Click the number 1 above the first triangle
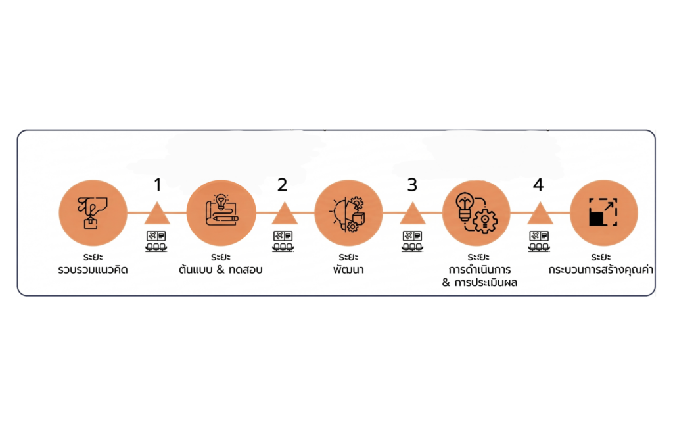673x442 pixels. [157, 185]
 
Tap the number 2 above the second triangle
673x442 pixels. [283, 185]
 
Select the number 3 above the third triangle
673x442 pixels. [412, 185]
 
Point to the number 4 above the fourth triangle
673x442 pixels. [538, 185]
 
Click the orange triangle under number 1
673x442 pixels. [157, 214]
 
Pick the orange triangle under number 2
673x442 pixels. [285, 214]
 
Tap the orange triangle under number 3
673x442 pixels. [413, 214]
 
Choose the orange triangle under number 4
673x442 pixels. [539, 214]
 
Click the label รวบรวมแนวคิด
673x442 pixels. [93, 270]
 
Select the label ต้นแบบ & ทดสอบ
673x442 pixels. [220, 270]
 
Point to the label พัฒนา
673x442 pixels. [348, 270]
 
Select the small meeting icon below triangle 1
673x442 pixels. [156, 241]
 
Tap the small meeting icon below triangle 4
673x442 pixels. [539, 241]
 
